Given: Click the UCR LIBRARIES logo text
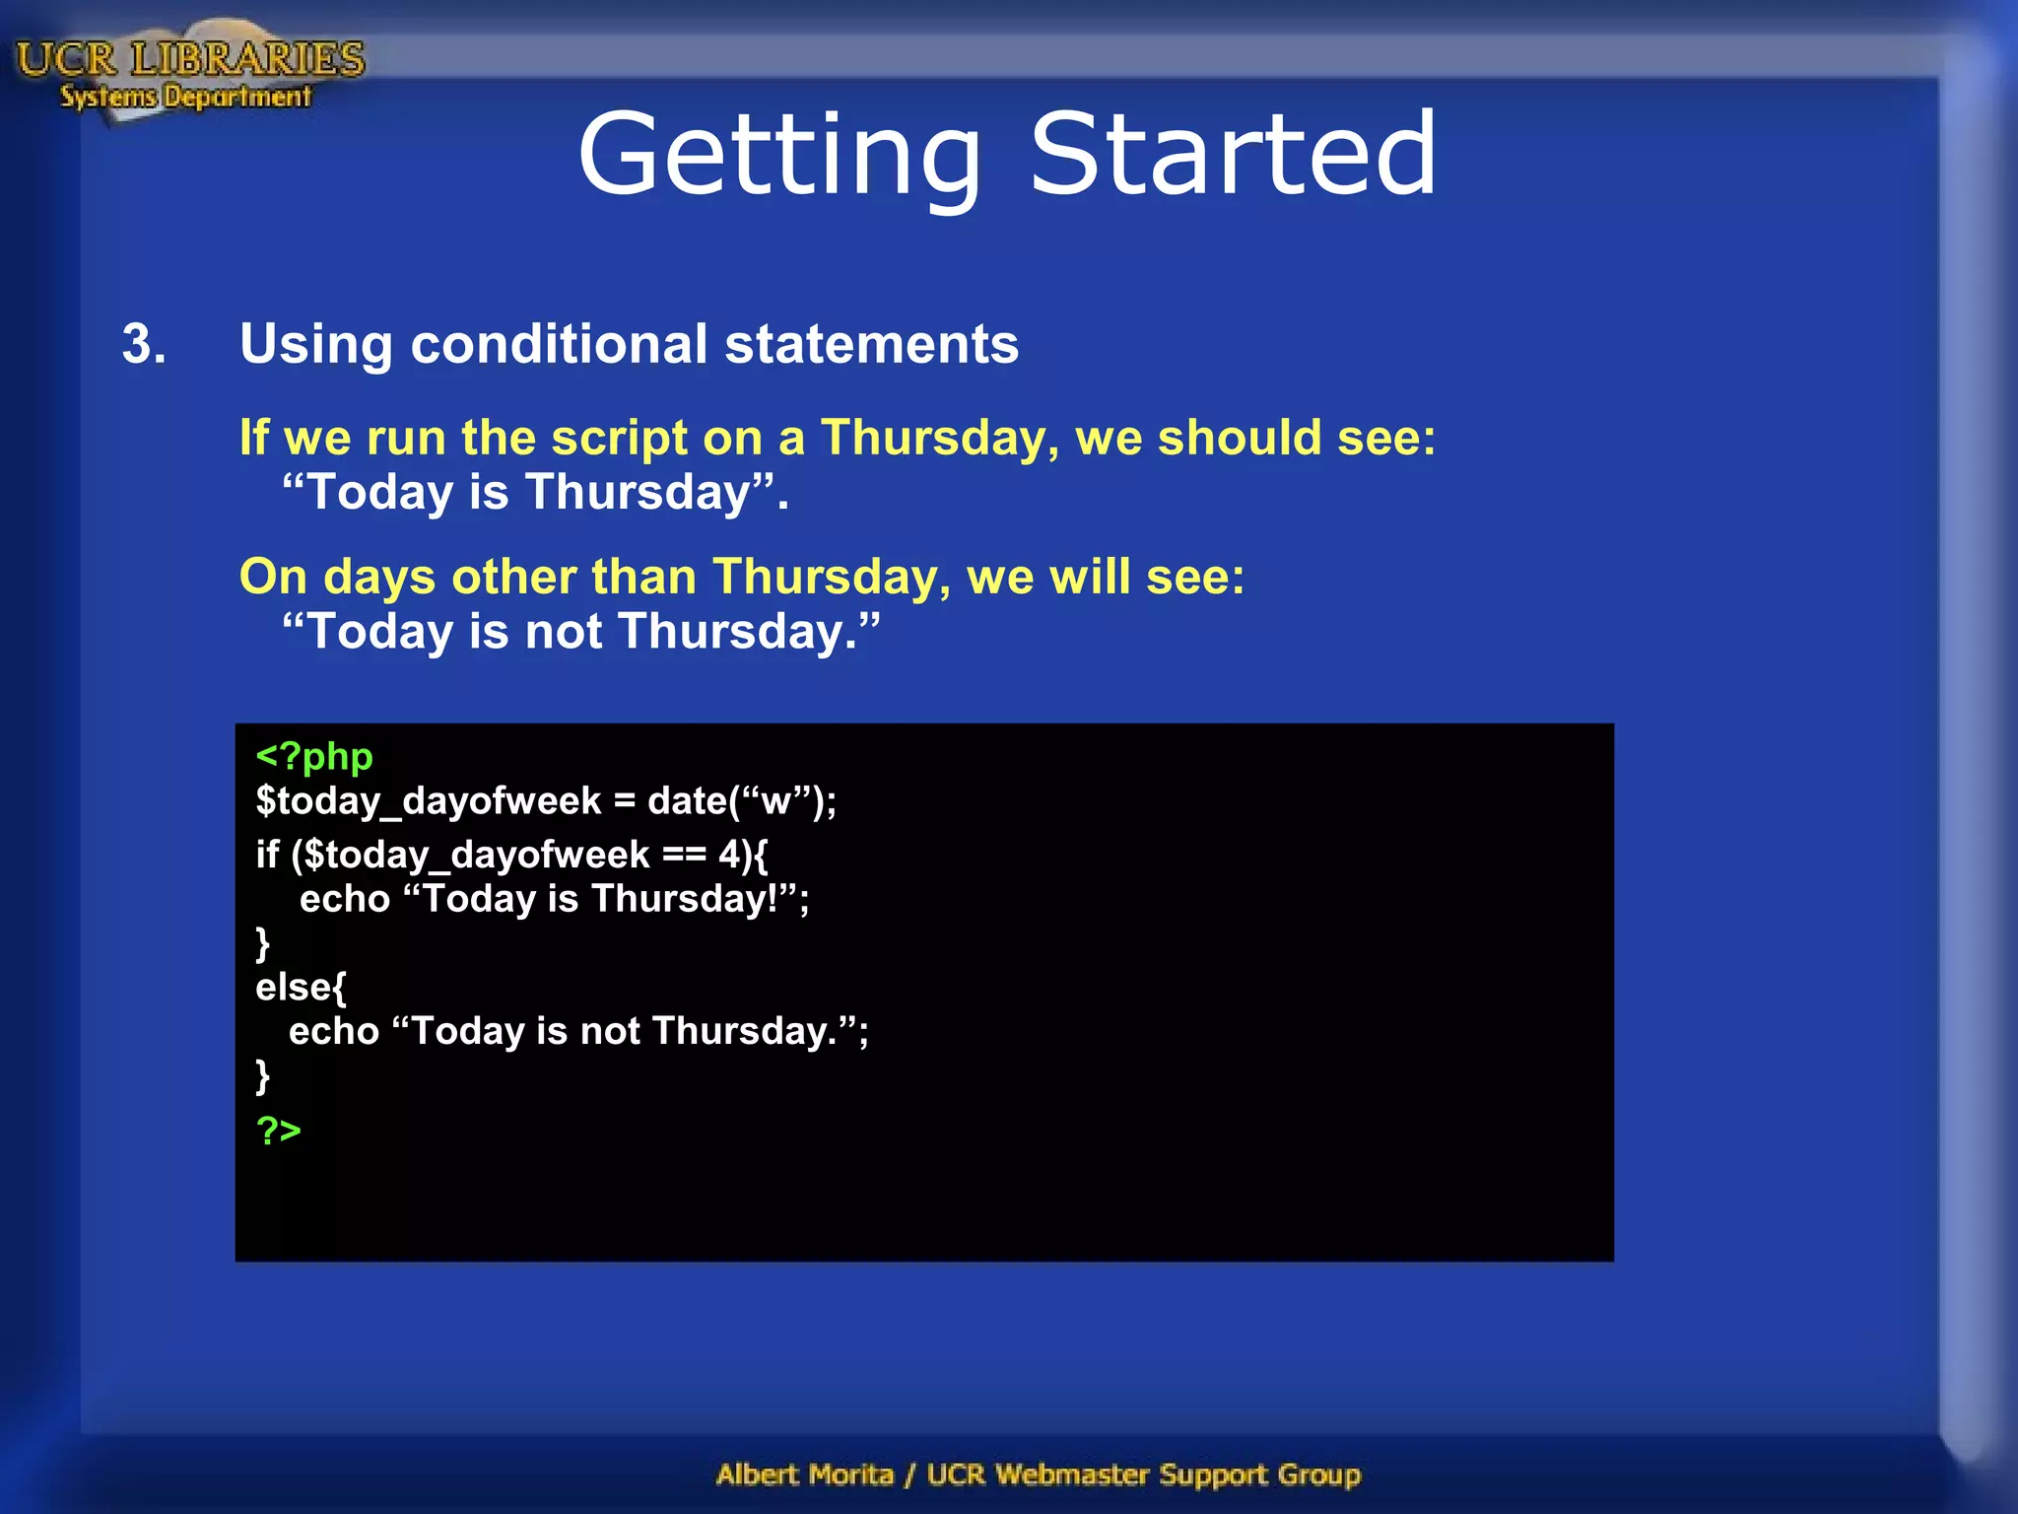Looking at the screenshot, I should pos(190,59).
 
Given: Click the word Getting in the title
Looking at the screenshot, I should pos(778,156).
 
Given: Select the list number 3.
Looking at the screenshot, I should pos(144,345).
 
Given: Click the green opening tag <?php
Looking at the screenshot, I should pos(314,757).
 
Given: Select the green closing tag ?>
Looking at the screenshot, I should pos(278,1130).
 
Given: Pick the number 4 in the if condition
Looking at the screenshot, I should pos(728,855).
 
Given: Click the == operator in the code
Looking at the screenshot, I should pos(684,855).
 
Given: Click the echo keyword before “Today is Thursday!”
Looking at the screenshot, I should pos(345,899).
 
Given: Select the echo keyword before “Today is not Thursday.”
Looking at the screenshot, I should pos(333,1031).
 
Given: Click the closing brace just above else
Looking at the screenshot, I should pos(262,943).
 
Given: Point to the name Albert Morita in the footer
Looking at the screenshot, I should pos(805,1475).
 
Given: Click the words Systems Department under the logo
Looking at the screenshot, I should pos(185,97).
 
